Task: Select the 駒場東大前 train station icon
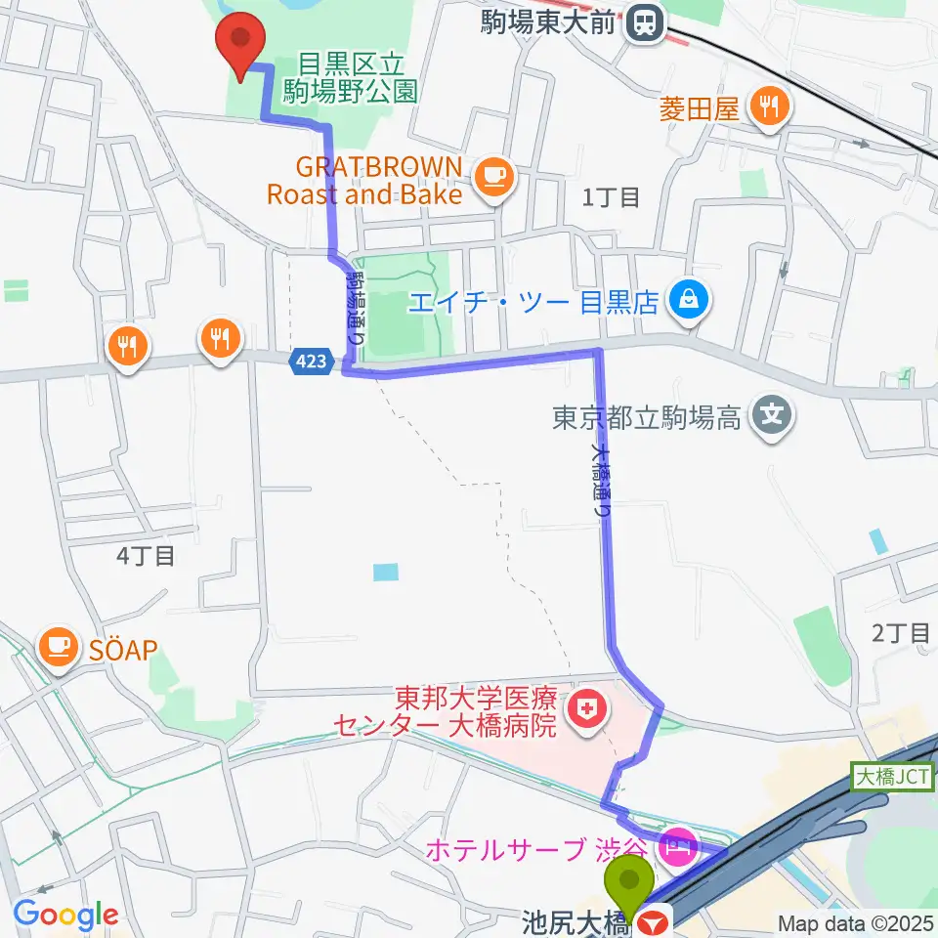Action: [x=644, y=22]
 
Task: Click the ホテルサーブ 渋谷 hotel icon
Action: [x=676, y=844]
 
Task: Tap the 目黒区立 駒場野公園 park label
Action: [x=352, y=78]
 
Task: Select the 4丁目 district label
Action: [x=146, y=557]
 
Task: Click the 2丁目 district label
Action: [x=901, y=633]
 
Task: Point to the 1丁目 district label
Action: [x=611, y=197]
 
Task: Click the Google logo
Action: [x=64, y=916]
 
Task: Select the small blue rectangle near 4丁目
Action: [x=386, y=573]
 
